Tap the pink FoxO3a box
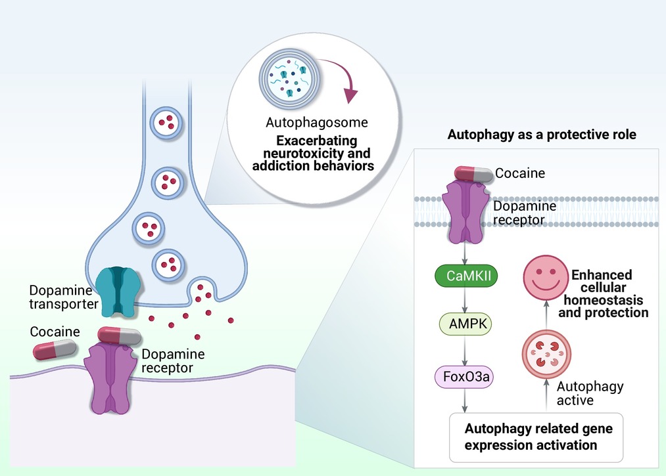(466, 378)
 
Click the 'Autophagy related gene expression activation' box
(538, 437)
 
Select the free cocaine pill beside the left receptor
(55, 349)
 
